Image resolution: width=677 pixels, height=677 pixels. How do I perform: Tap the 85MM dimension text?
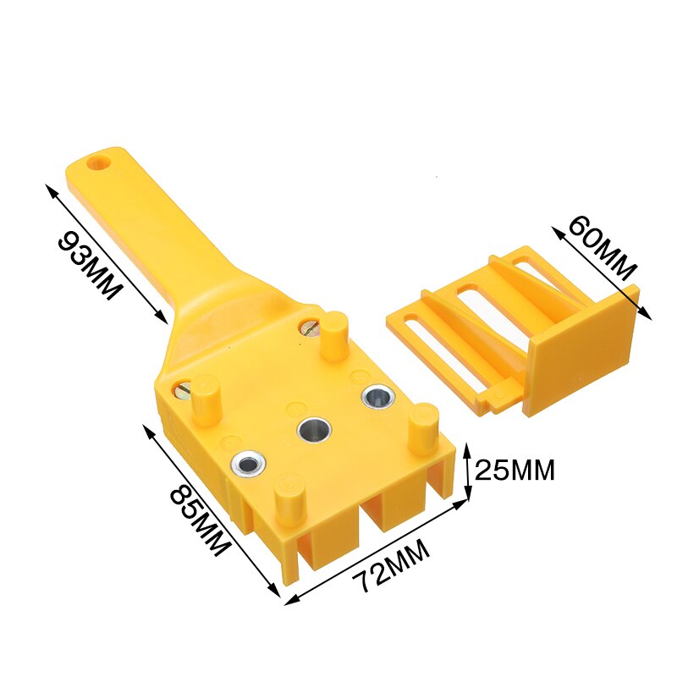point(198,519)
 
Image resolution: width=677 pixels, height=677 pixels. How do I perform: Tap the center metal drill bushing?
point(314,429)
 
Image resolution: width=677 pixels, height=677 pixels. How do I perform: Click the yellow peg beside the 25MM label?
point(423,427)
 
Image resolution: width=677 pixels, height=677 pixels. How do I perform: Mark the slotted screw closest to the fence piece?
point(310,328)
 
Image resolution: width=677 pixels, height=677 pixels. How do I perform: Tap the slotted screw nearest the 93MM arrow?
point(187,389)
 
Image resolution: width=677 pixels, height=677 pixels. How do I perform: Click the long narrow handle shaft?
point(152,228)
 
